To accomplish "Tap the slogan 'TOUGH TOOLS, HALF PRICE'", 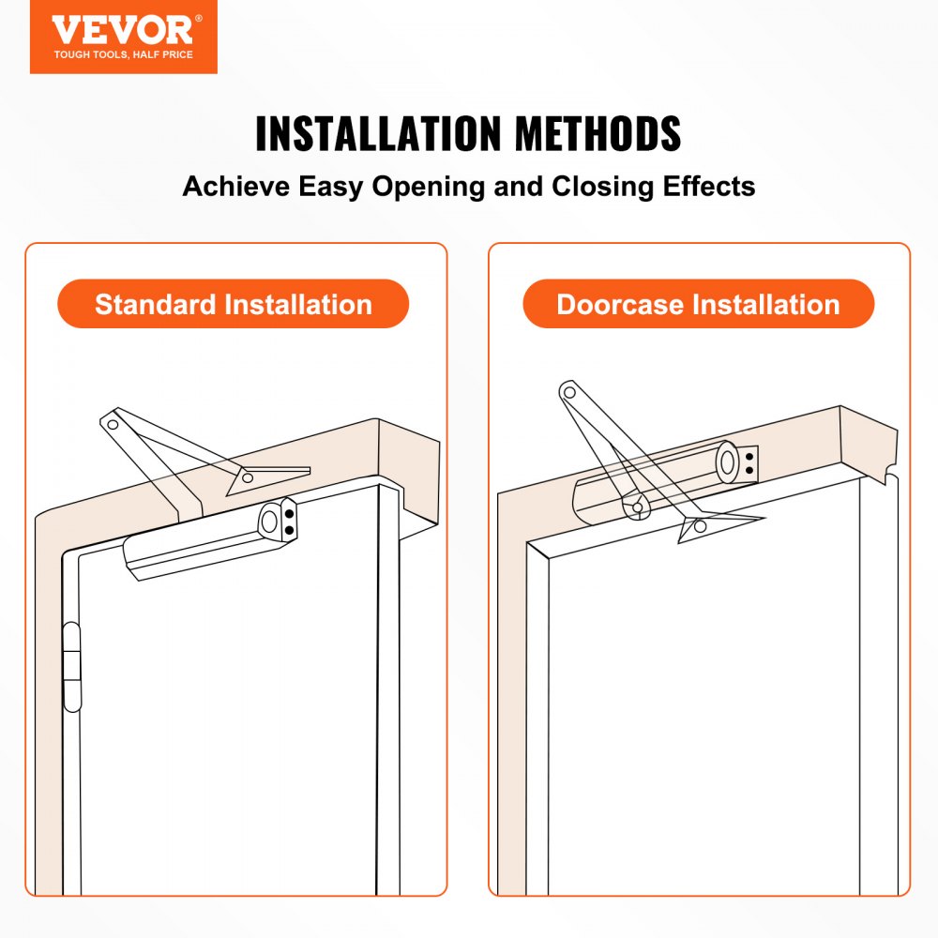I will tap(123, 55).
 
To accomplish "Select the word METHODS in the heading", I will tap(596, 134).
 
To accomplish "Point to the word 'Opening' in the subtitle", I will tap(429, 186).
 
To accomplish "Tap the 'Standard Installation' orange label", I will tap(234, 304).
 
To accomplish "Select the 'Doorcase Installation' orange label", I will tap(698, 304).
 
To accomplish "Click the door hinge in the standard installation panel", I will tap(71, 666).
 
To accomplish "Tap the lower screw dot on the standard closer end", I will tap(289, 530).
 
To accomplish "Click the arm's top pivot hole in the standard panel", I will tap(112, 425).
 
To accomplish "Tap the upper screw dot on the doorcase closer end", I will tap(749, 454).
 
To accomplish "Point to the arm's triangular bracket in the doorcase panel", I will tap(699, 526).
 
